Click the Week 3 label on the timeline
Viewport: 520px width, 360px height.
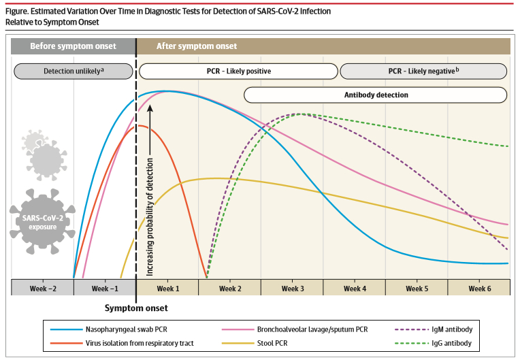(x=293, y=288)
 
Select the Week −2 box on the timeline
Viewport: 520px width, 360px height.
(x=42, y=288)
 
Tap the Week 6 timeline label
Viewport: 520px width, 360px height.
(x=479, y=288)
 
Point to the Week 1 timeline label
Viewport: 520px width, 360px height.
(x=167, y=288)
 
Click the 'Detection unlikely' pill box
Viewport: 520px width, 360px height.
(x=73, y=71)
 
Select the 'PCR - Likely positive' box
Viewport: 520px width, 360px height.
(x=238, y=71)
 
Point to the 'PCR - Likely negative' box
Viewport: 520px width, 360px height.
(x=423, y=71)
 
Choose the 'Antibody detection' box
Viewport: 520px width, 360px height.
(x=375, y=95)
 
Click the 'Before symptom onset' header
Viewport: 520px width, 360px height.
(x=73, y=46)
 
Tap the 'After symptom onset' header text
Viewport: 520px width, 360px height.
(x=197, y=46)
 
